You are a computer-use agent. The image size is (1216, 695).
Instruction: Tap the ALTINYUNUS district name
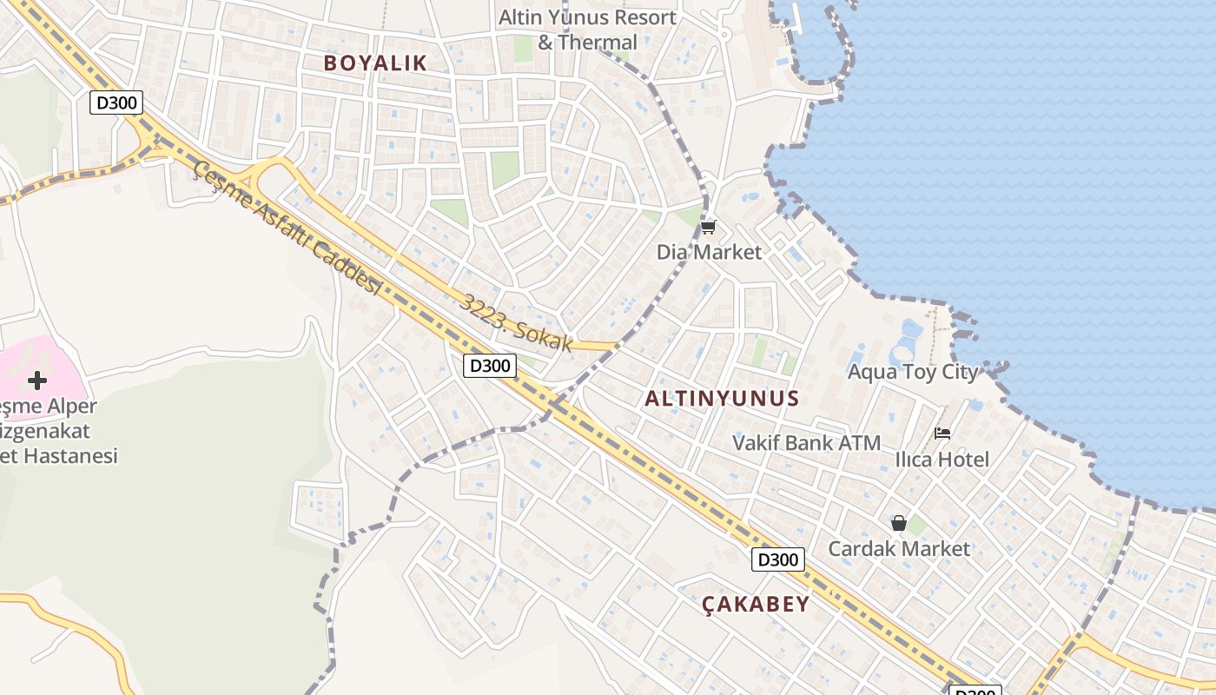pyautogui.click(x=722, y=399)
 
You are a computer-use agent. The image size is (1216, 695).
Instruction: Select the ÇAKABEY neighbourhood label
pyautogui.click(x=756, y=604)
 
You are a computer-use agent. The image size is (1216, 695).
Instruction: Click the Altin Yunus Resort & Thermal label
pyautogui.click(x=587, y=30)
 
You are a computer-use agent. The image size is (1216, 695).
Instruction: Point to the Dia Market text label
pyautogui.click(x=709, y=252)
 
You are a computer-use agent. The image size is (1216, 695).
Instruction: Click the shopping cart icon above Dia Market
pyautogui.click(x=708, y=228)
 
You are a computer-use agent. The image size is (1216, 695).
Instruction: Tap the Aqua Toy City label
pyautogui.click(x=912, y=373)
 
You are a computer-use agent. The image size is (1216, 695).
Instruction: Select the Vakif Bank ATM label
pyautogui.click(x=806, y=442)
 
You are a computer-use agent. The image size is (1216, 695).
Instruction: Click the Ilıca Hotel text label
pyautogui.click(x=942, y=459)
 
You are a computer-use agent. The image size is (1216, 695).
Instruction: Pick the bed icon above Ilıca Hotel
pyautogui.click(x=942, y=433)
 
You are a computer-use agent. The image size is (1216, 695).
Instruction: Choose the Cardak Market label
pyautogui.click(x=899, y=548)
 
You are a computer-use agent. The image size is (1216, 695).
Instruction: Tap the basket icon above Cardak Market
pyautogui.click(x=898, y=523)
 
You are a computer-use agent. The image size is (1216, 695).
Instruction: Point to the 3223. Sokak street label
pyautogui.click(x=517, y=323)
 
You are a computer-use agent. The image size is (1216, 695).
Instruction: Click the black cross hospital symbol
pyautogui.click(x=37, y=380)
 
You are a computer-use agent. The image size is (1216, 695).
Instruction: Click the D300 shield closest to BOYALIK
pyautogui.click(x=116, y=103)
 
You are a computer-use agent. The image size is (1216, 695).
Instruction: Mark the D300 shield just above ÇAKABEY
pyautogui.click(x=777, y=559)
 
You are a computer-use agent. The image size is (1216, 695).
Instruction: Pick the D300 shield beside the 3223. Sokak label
pyautogui.click(x=490, y=366)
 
